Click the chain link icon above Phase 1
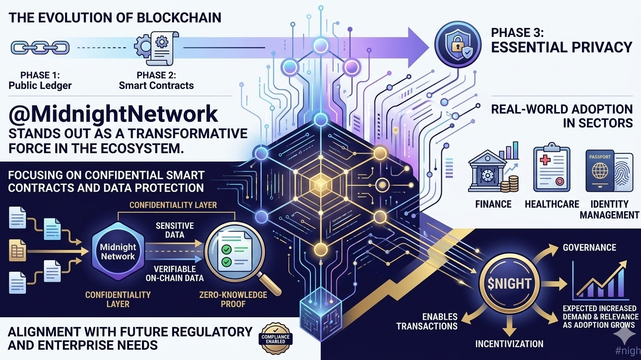[40, 47]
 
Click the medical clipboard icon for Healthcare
[552, 169]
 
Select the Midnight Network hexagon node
[118, 252]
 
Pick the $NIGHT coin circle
[509, 283]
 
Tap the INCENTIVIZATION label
[509, 344]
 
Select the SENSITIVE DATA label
[174, 230]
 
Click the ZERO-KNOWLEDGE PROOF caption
[233, 300]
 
